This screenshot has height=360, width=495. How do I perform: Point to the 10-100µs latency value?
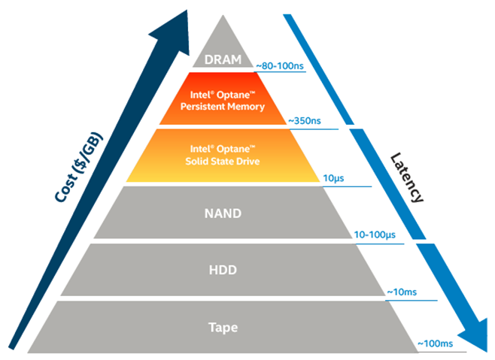tap(375, 235)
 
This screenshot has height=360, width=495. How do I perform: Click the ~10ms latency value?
tap(403, 292)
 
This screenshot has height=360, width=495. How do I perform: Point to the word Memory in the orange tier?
tap(245, 107)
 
